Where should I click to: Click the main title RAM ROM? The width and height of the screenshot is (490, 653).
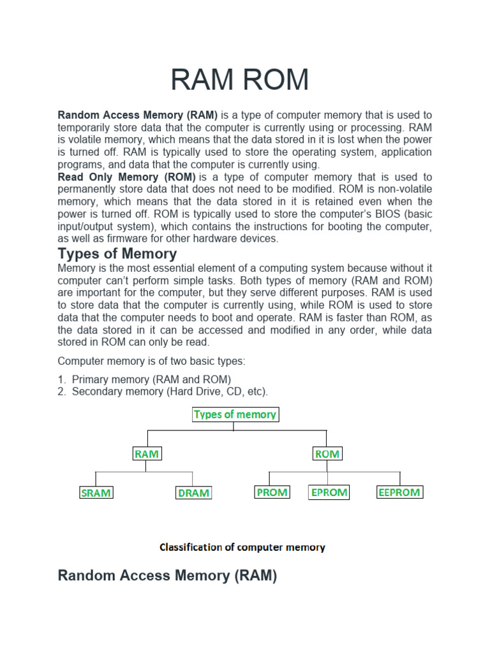pos(240,80)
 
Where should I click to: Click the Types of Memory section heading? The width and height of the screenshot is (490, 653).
pos(117,254)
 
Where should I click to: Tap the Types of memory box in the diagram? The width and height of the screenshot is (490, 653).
pos(235,415)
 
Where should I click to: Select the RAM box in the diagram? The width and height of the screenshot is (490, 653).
pos(147,454)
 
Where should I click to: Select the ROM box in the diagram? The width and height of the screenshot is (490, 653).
pos(327,454)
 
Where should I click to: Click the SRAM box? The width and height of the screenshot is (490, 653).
pos(96,493)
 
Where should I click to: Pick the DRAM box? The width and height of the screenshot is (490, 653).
pos(193,493)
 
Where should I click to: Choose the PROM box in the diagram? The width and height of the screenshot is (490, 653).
pos(272,492)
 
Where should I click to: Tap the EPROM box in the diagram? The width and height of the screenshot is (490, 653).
pos(329,492)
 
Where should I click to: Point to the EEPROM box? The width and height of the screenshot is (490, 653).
pos(399,492)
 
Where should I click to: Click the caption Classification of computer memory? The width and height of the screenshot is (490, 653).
pos(242,547)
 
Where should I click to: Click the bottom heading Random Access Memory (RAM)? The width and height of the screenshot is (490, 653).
pos(167,576)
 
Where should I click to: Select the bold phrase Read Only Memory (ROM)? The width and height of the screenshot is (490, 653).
pos(126,177)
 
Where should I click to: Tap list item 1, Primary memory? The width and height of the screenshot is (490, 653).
pos(151,379)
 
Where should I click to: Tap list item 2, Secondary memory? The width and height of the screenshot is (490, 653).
pos(170,392)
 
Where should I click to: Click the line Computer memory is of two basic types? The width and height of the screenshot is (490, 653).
pos(151,361)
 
